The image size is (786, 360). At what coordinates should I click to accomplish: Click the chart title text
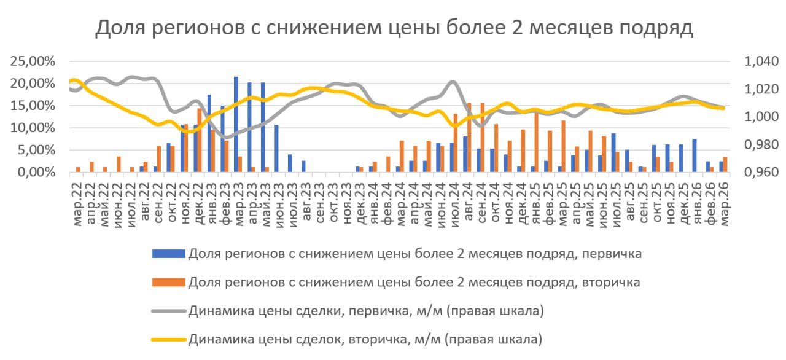click(x=394, y=28)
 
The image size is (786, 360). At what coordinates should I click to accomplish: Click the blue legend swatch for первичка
click(x=168, y=253)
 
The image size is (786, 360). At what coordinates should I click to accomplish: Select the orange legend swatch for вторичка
click(x=168, y=282)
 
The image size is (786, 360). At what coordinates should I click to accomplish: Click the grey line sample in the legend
click(x=168, y=311)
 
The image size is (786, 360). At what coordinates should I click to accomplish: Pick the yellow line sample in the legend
click(x=168, y=339)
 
